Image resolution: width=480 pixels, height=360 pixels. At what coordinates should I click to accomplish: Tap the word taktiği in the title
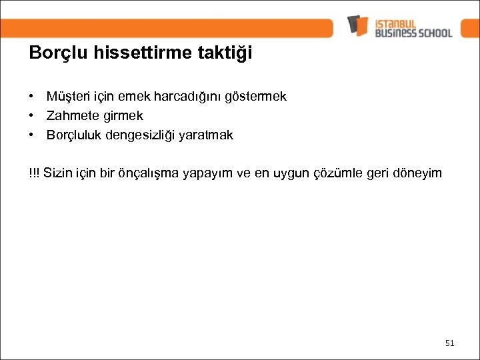[x=227, y=53]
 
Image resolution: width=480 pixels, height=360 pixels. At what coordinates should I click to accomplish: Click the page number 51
[x=449, y=343]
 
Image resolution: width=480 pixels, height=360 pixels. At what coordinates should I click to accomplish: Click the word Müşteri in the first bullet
[x=65, y=97]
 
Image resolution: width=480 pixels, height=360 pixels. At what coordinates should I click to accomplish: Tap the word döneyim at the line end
[x=418, y=173]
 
